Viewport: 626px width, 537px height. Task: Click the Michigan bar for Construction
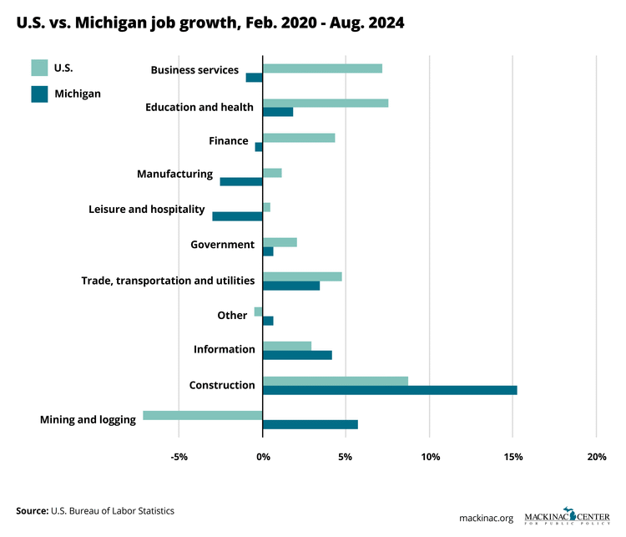point(390,390)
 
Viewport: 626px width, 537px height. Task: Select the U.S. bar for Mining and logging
point(203,415)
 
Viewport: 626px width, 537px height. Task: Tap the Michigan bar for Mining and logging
point(310,424)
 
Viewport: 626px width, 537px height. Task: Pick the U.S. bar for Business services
point(322,68)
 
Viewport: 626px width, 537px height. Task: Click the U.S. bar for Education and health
point(326,103)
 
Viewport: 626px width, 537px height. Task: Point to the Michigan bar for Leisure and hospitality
point(238,216)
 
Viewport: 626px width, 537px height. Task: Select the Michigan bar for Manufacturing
point(241,181)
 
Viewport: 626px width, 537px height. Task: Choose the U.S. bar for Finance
point(299,138)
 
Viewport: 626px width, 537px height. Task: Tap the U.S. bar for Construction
point(336,381)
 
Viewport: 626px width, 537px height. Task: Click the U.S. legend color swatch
point(39,68)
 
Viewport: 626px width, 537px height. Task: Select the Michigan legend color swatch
point(39,94)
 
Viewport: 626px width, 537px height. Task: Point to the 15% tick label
point(513,457)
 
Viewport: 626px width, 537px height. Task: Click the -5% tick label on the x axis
point(179,457)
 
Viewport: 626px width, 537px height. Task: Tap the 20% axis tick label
point(597,457)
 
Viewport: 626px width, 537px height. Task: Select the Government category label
point(222,245)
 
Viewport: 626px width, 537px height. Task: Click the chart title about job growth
point(210,23)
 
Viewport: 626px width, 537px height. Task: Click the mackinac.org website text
point(486,518)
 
